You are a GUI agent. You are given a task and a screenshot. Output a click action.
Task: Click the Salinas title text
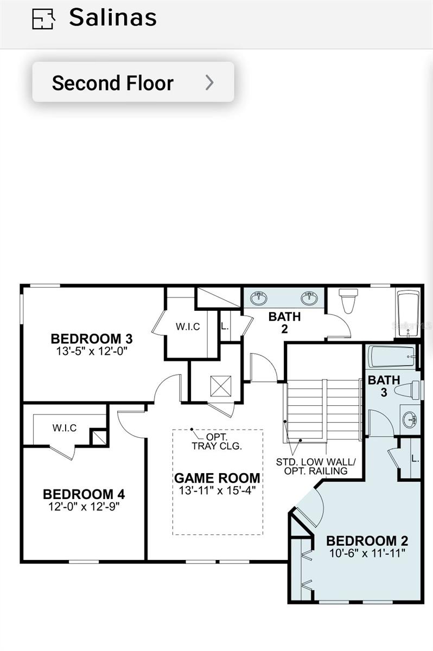[113, 18]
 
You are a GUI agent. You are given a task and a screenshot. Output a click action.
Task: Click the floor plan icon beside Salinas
[43, 19]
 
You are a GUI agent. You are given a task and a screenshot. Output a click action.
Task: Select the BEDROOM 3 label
[91, 339]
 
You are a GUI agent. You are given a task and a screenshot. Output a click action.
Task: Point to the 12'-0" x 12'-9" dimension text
[84, 506]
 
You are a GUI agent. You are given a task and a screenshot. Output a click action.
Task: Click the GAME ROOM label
[217, 478]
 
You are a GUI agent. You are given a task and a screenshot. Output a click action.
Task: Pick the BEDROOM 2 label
[367, 541]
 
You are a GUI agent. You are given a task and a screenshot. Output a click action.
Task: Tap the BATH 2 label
[284, 322]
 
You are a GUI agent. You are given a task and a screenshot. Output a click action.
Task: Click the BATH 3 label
[384, 385]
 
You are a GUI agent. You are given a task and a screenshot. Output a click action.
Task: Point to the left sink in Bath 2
[259, 298]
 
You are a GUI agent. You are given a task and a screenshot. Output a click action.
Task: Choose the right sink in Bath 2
[309, 298]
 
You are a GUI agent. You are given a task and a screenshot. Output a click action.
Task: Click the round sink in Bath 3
[410, 419]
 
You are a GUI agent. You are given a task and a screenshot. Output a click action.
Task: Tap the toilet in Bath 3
[407, 390]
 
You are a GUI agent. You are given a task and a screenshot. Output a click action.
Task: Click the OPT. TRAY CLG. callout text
[216, 442]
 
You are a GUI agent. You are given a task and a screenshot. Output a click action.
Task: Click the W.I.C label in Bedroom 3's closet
[188, 327]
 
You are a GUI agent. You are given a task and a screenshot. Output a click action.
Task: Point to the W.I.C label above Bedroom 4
[65, 428]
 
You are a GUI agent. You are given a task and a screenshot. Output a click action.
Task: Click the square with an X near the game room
[220, 386]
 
